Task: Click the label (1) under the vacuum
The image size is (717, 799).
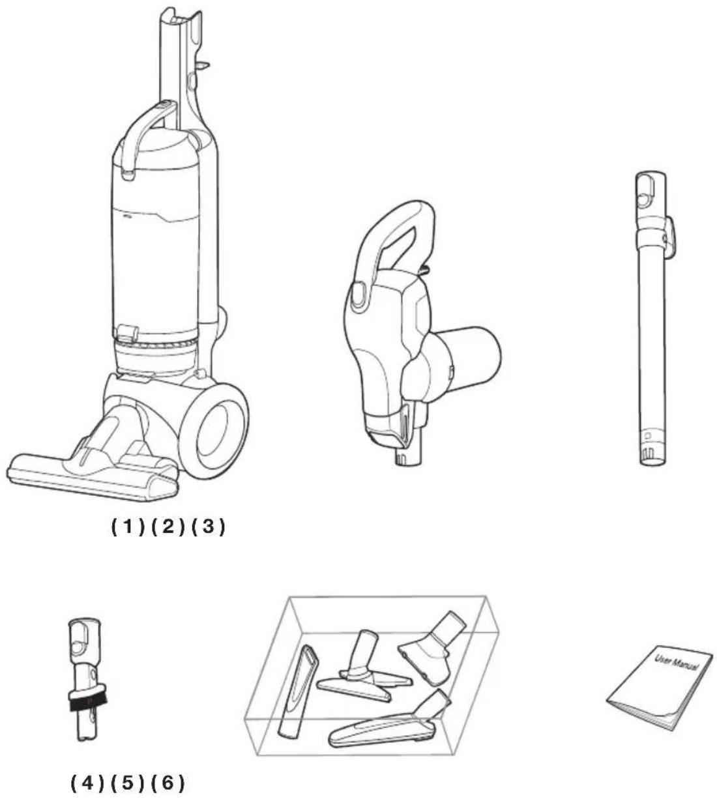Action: point(128,527)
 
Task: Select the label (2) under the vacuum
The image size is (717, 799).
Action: point(168,527)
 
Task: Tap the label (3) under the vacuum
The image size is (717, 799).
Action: point(208,527)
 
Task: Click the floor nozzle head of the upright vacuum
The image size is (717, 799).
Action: point(93,478)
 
